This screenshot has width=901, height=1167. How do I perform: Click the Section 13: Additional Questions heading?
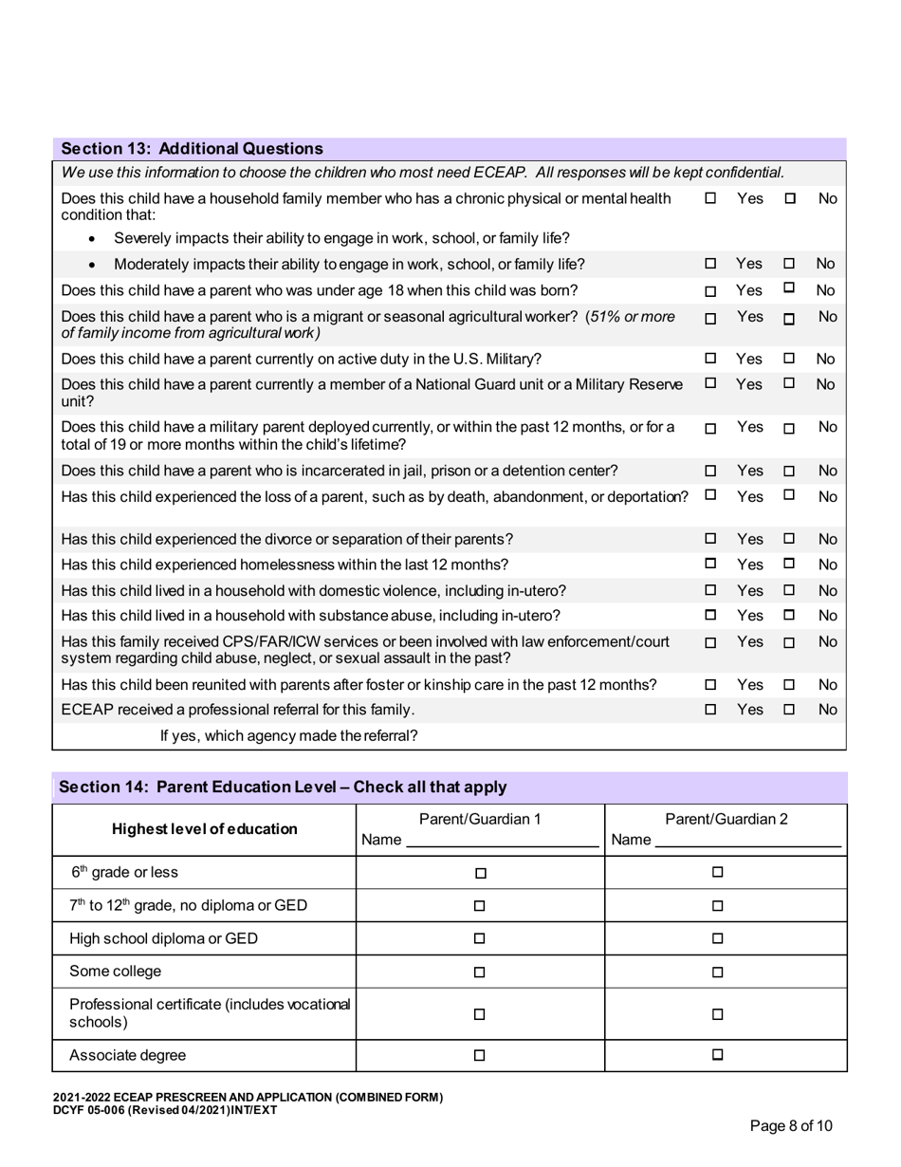click(x=192, y=149)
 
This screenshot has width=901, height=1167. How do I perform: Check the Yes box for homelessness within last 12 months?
click(x=710, y=565)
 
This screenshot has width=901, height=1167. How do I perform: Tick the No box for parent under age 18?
click(x=788, y=288)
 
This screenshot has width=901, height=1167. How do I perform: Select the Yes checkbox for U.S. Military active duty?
click(x=710, y=360)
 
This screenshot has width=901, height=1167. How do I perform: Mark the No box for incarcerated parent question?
click(x=788, y=471)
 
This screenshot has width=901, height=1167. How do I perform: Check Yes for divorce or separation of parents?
click(x=710, y=539)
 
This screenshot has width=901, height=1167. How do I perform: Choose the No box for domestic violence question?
click(x=788, y=590)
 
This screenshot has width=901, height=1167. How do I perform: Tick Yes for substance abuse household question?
click(x=710, y=615)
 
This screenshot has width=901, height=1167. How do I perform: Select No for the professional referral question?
click(x=788, y=710)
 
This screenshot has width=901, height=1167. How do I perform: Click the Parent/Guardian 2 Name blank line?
click(x=747, y=841)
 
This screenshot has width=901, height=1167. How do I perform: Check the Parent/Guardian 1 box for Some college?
click(x=480, y=972)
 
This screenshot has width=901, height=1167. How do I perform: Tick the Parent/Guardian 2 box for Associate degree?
click(x=718, y=1055)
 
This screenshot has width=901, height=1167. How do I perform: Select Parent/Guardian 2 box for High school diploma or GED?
click(x=718, y=939)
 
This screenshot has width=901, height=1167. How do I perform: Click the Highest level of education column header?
click(x=205, y=829)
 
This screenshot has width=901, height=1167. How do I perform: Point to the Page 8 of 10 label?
click(x=791, y=1126)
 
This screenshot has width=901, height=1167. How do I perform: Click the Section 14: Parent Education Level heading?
click(x=283, y=787)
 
